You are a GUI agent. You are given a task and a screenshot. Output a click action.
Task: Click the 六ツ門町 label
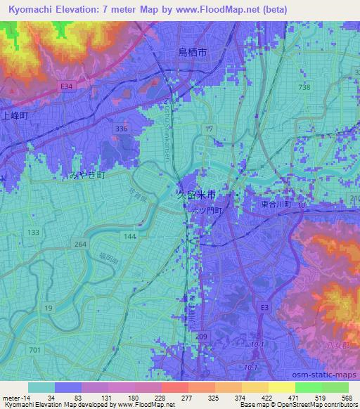click(x=205, y=210)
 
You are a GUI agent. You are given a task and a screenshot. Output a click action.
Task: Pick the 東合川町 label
click(x=271, y=204)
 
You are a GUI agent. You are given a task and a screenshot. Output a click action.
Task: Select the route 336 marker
click(x=122, y=129)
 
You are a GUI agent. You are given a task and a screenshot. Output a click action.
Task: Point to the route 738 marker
click(x=304, y=86)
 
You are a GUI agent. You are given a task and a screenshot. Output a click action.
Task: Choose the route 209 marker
click(x=201, y=337)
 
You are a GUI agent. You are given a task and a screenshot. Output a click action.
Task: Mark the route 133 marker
click(x=32, y=231)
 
